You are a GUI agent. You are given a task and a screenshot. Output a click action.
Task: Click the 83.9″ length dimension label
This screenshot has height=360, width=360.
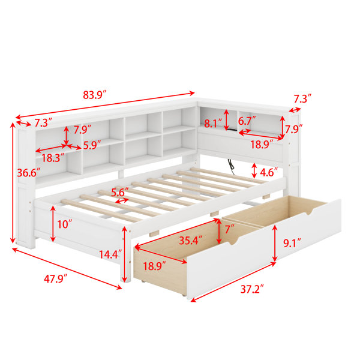coord(95,95)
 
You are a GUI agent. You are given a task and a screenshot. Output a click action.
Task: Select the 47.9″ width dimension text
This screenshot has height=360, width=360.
coord(56,279)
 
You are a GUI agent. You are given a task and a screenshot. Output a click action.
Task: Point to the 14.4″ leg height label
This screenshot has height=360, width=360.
coord(110,254)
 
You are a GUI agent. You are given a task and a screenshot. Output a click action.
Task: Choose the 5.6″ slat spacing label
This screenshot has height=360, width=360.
coord(120,193)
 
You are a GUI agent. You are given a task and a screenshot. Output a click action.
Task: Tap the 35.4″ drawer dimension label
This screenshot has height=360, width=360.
coord(191,241)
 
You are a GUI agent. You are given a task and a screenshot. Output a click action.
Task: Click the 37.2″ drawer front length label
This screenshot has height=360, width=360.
coord(252,289)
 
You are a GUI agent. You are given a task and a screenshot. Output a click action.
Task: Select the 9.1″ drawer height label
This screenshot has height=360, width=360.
coord(292,243)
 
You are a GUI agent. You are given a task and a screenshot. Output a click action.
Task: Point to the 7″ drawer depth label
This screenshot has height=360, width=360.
coord(230,229)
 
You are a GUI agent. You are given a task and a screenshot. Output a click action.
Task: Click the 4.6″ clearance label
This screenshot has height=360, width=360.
coord(269,172)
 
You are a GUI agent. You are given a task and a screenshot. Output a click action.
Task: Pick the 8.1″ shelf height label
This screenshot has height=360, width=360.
coord(213,124)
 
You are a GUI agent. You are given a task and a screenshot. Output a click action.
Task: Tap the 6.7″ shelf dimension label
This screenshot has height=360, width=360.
coord(247,121)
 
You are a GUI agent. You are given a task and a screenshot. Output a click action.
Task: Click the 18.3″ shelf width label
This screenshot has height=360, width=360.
coord(53,158)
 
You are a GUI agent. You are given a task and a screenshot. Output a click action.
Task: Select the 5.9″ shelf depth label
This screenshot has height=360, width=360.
coord(92,145)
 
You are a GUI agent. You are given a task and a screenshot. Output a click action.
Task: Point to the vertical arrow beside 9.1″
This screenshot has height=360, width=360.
coord(274,244)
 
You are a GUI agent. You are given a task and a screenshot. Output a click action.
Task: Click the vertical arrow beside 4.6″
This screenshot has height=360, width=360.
coord(254,170)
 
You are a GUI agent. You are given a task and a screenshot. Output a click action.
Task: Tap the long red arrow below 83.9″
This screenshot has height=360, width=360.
coord(105,106)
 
